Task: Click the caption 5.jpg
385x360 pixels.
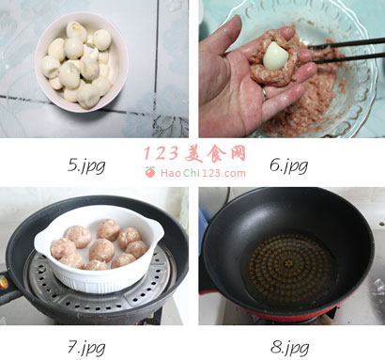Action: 86,166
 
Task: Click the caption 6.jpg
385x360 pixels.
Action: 288,166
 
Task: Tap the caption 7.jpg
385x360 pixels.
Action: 86,348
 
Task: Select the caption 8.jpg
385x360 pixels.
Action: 289,348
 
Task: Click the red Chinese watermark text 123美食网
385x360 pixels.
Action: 194,153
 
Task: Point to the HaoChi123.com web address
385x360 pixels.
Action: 203,173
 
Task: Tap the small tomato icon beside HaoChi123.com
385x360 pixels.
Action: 150,172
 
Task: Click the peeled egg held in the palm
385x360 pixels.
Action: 275,55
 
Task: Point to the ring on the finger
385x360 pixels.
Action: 265,93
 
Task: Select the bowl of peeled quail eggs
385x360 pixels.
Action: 82,62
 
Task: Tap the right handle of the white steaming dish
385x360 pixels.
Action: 157,230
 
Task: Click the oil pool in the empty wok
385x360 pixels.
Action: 288,266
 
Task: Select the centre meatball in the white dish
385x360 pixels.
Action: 101,250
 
